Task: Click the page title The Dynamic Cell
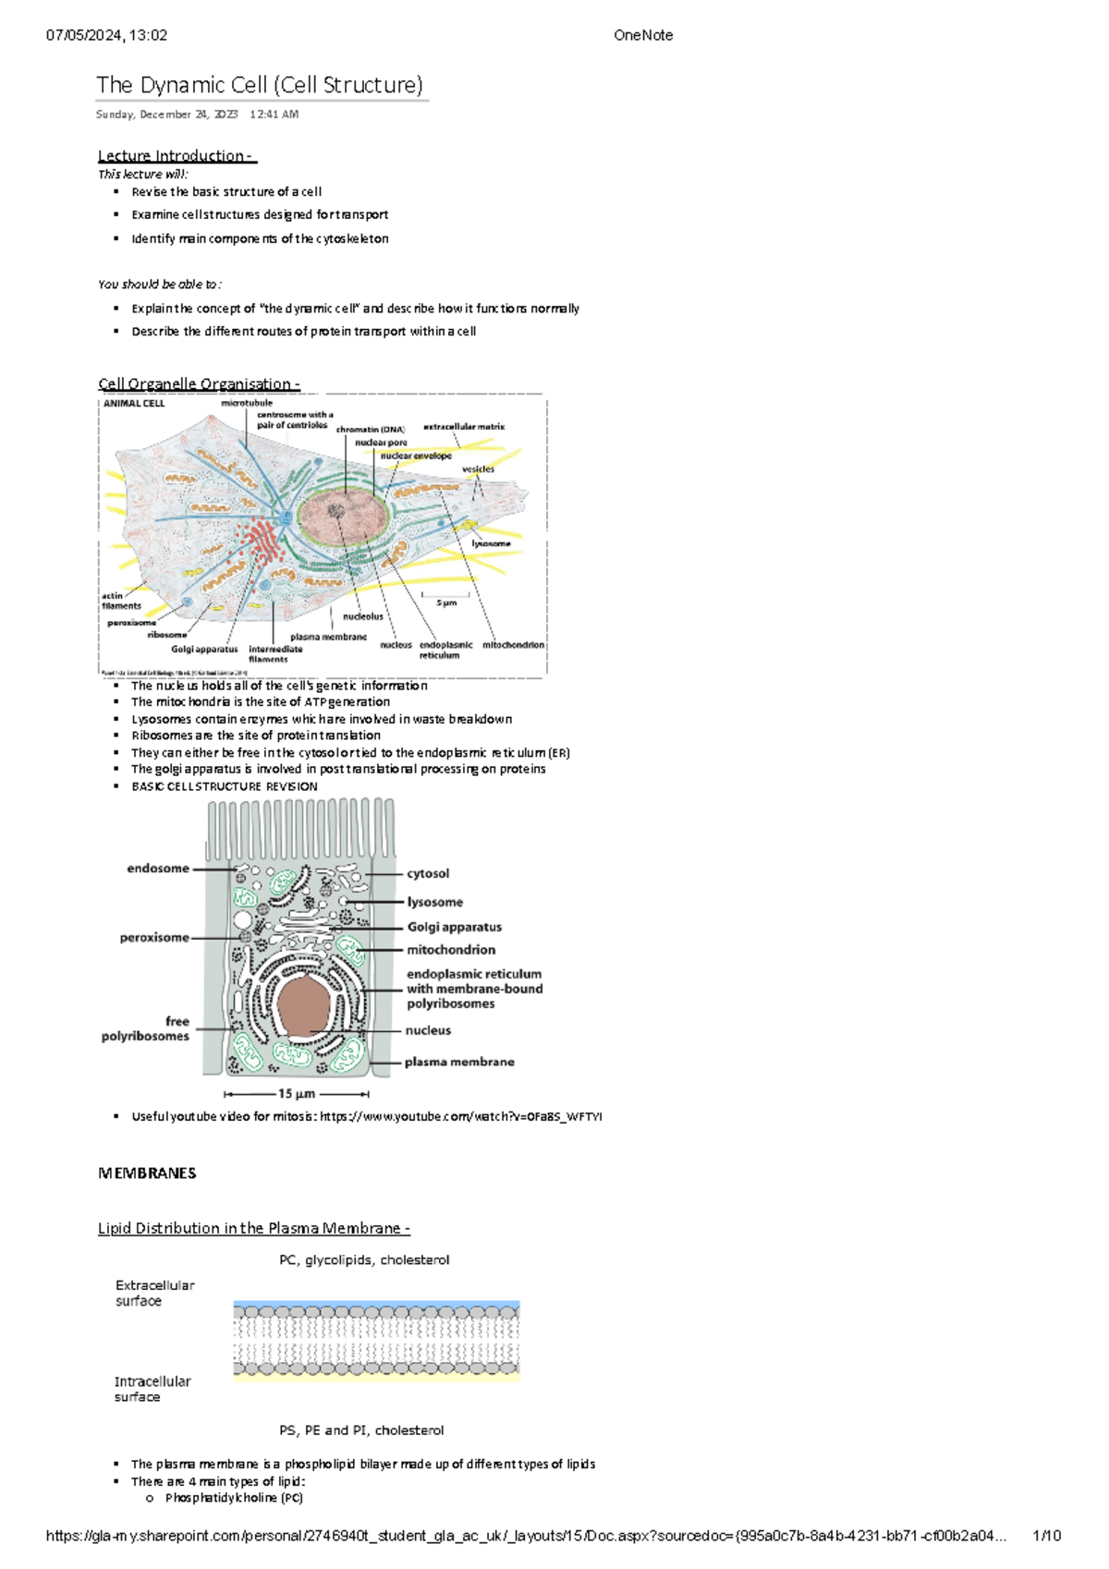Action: pos(259,85)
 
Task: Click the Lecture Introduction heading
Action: pos(177,155)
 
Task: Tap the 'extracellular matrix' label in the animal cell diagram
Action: pos(464,427)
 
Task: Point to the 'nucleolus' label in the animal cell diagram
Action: pos(362,616)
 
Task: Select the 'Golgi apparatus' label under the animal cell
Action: pos(204,649)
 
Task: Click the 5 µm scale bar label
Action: pos(446,602)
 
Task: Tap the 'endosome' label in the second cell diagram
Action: pos(158,869)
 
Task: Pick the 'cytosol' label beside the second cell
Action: pos(428,873)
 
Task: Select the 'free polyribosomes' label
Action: pos(146,1028)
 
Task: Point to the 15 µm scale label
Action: pos(297,1093)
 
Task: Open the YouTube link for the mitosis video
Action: pos(460,1116)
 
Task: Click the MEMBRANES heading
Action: pos(147,1173)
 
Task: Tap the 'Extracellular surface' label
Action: pos(154,1293)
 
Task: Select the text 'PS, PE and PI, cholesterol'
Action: pos(361,1429)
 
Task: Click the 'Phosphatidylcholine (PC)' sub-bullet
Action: pos(234,1498)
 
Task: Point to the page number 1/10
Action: pos(1046,1536)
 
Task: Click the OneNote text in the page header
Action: pos(643,35)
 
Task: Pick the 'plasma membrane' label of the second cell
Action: pos(459,1062)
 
